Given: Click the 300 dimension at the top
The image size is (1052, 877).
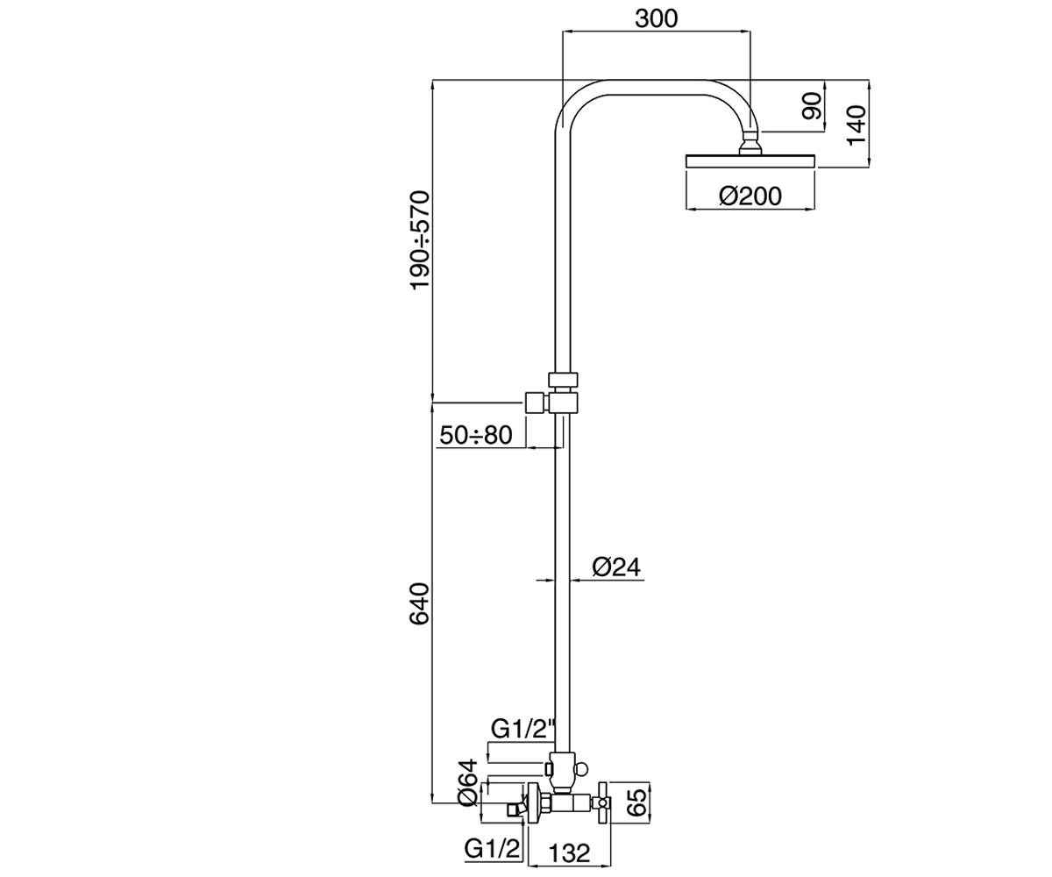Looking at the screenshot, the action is tap(656, 18).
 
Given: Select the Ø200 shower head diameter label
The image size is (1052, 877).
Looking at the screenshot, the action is tap(750, 196).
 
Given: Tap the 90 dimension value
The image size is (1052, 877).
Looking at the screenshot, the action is tap(812, 105).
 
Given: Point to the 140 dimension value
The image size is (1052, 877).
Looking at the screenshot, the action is tap(856, 125).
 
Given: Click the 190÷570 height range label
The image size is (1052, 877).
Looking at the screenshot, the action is tap(420, 240).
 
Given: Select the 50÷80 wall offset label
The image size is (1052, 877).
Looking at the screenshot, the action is tap(476, 435).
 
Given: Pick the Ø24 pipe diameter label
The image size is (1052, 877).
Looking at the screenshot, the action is tap(616, 567).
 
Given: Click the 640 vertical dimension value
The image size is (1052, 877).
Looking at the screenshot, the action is tap(419, 604).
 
